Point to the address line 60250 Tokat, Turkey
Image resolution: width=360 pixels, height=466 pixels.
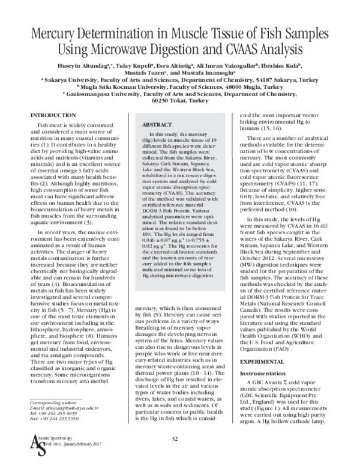pos(180,101)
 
